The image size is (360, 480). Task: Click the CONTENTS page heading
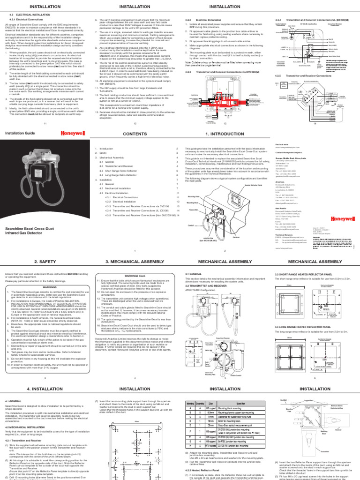[x=135, y=134]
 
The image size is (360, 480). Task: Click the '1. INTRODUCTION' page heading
[x=225, y=134]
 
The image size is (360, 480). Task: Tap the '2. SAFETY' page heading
[x=45, y=262]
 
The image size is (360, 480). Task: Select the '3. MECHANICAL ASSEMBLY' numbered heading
[x=135, y=262]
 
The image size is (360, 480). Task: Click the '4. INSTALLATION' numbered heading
[x=45, y=389]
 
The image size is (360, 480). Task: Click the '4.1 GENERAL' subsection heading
[x=13, y=401]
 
